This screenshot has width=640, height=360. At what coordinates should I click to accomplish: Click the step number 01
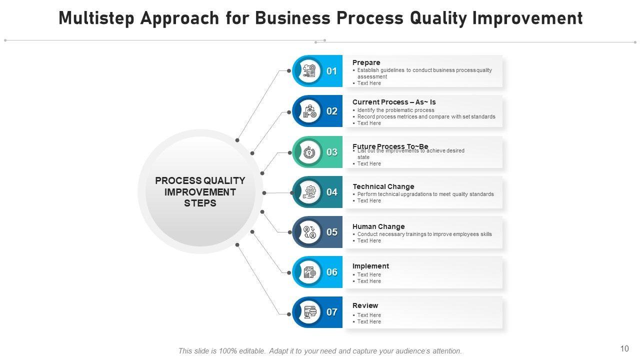click(332, 71)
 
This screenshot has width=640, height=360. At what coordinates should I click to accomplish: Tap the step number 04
click(332, 192)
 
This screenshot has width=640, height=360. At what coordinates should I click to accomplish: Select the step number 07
click(332, 312)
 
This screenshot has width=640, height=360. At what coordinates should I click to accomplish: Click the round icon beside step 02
click(310, 111)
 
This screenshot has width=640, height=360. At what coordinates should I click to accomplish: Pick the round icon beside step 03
click(310, 152)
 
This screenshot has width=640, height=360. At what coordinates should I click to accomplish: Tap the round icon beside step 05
click(310, 232)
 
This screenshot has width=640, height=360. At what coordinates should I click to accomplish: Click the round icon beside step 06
click(310, 272)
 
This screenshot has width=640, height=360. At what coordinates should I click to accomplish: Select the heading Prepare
click(366, 62)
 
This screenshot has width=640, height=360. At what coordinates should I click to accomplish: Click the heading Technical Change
click(383, 186)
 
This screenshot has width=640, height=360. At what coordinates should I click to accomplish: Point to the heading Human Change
click(378, 226)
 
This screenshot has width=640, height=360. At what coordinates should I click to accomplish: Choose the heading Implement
click(370, 266)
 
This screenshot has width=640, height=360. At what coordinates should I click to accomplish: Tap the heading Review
click(365, 305)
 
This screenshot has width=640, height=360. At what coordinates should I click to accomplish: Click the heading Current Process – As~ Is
click(394, 102)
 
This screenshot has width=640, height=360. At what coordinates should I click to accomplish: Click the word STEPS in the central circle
click(200, 203)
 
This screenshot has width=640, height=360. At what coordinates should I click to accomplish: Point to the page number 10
click(624, 349)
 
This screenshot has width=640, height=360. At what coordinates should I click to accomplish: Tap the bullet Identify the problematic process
click(395, 110)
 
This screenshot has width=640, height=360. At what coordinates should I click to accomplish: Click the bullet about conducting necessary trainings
click(424, 234)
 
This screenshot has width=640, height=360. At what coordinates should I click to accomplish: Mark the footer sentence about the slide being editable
click(320, 351)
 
